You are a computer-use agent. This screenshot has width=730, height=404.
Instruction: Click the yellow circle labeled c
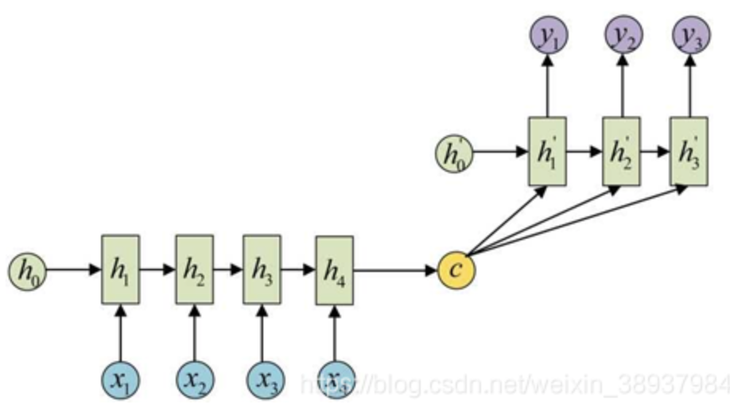tap(456, 269)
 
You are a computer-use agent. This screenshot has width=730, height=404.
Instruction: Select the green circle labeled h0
tap(28, 270)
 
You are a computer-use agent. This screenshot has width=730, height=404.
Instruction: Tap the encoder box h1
tap(120, 269)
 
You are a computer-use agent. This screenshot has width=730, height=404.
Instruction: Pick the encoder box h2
tap(194, 269)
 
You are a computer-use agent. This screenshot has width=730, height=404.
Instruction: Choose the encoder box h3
tap(262, 269)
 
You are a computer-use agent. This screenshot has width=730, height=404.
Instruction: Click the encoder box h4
tap(335, 269)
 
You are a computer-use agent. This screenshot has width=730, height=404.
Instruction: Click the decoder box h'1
tap(547, 151)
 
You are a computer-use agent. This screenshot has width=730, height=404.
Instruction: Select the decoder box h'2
tap(622, 151)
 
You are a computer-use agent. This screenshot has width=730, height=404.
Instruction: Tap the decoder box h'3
tap(689, 151)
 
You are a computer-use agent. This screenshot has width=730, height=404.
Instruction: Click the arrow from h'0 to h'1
tap(501, 151)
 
